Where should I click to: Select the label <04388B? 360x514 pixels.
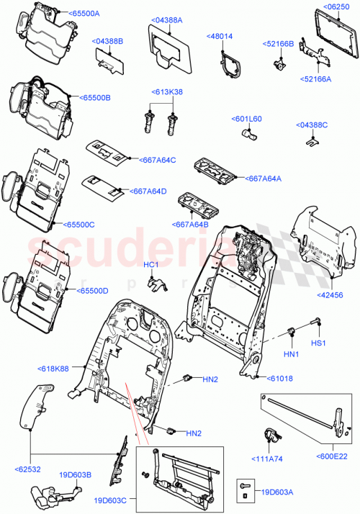tap(107, 41)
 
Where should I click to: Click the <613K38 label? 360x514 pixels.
tap(166, 92)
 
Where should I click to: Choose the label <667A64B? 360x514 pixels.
tap(191, 224)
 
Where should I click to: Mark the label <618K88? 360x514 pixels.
tap(54, 369)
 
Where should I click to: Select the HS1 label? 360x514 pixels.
tap(318, 343)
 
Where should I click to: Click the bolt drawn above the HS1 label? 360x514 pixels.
tap(315, 323)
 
